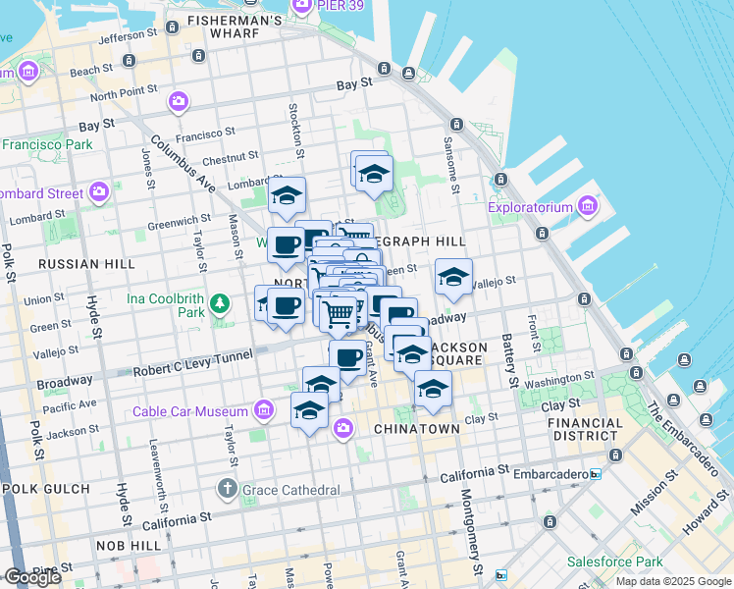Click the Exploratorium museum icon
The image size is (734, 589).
[588, 206]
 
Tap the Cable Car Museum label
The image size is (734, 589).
[192, 411]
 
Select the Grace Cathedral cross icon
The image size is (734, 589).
[227, 488]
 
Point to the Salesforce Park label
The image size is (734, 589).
[615, 562]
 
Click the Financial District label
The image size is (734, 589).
[587, 429]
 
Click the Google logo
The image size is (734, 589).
[32, 576]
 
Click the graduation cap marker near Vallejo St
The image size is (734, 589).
[453, 278]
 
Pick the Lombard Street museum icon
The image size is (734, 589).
[98, 191]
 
